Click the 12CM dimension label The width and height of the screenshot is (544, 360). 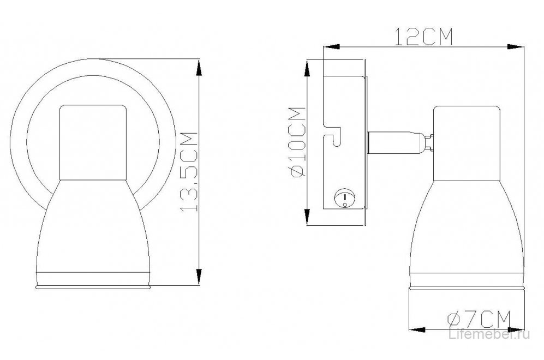tap(425, 37)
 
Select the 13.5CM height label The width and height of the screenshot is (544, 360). tap(189, 172)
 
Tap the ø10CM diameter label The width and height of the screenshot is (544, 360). tap(298, 142)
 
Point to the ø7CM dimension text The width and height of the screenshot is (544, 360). tap(479, 319)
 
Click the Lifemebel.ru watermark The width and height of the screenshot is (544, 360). tap(489, 334)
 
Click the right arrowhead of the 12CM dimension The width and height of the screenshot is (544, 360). tap(515, 46)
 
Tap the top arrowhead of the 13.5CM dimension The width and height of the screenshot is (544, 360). tap(199, 67)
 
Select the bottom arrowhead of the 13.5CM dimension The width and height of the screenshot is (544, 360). tap(199, 277)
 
